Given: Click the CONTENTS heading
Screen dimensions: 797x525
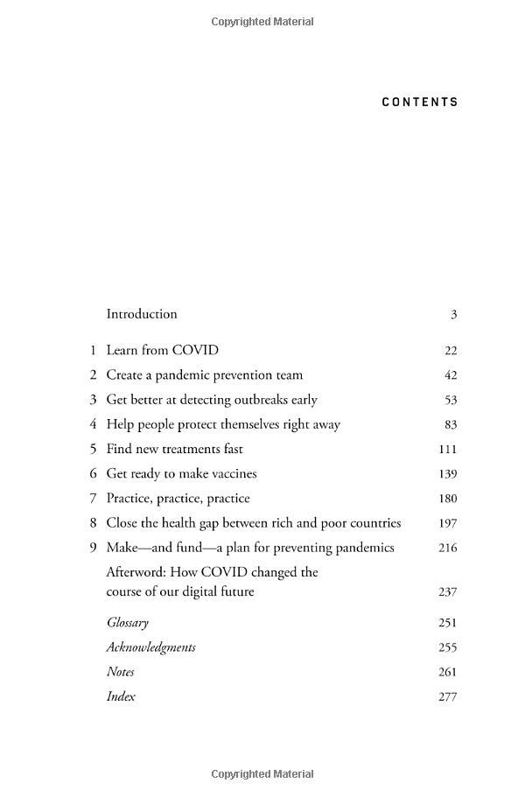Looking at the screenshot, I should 420,102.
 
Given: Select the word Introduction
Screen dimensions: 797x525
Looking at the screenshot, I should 142,314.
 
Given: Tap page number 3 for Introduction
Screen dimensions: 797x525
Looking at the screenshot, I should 454,315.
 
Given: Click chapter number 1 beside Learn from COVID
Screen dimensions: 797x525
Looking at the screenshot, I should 92,351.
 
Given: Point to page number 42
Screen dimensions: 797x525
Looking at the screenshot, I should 451,375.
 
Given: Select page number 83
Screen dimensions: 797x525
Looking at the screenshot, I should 451,424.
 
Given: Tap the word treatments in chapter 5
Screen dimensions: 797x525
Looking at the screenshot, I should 207,449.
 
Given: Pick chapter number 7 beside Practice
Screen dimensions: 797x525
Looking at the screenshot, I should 92,499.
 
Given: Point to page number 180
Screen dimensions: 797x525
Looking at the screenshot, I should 448,499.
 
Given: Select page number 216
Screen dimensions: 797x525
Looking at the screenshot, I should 448,548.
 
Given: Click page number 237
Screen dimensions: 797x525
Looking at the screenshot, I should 448,592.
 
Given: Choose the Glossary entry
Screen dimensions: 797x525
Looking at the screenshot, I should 128,623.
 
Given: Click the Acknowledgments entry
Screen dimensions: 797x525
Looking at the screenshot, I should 150,647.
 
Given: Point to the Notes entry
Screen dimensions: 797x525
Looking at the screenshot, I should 120,672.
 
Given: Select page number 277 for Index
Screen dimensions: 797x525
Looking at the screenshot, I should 448,697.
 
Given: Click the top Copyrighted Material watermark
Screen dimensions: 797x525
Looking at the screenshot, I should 262,22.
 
